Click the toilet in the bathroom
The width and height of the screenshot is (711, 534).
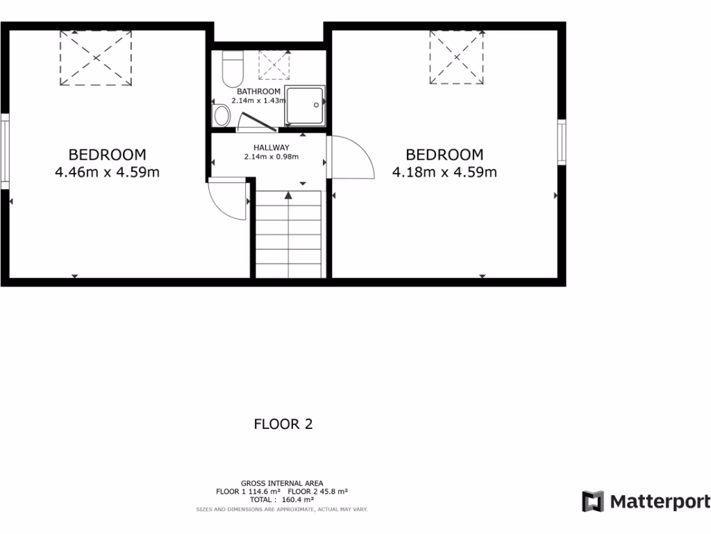(x=231, y=68)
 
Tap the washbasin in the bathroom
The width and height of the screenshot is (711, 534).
(x=222, y=115)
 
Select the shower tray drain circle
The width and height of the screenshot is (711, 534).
(x=317, y=105)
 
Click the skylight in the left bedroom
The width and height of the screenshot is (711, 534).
(x=95, y=58)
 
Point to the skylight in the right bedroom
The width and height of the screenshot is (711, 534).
(x=457, y=57)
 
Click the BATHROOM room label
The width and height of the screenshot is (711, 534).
(x=258, y=92)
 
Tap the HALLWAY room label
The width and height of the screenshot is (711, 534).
(x=271, y=147)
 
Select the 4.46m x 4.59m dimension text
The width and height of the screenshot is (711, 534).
(x=107, y=172)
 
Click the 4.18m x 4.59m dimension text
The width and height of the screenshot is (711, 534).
(x=444, y=172)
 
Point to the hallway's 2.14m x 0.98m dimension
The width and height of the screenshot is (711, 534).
(x=271, y=157)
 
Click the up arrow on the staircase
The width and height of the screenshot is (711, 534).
(x=288, y=196)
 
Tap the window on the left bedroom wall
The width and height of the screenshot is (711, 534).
(x=4, y=152)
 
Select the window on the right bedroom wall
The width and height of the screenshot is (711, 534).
(x=562, y=142)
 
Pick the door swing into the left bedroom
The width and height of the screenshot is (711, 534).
(x=227, y=200)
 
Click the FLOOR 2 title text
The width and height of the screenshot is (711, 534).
(x=283, y=423)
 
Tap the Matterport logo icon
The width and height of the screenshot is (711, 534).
(x=593, y=501)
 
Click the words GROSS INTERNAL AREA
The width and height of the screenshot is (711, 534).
(x=281, y=483)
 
